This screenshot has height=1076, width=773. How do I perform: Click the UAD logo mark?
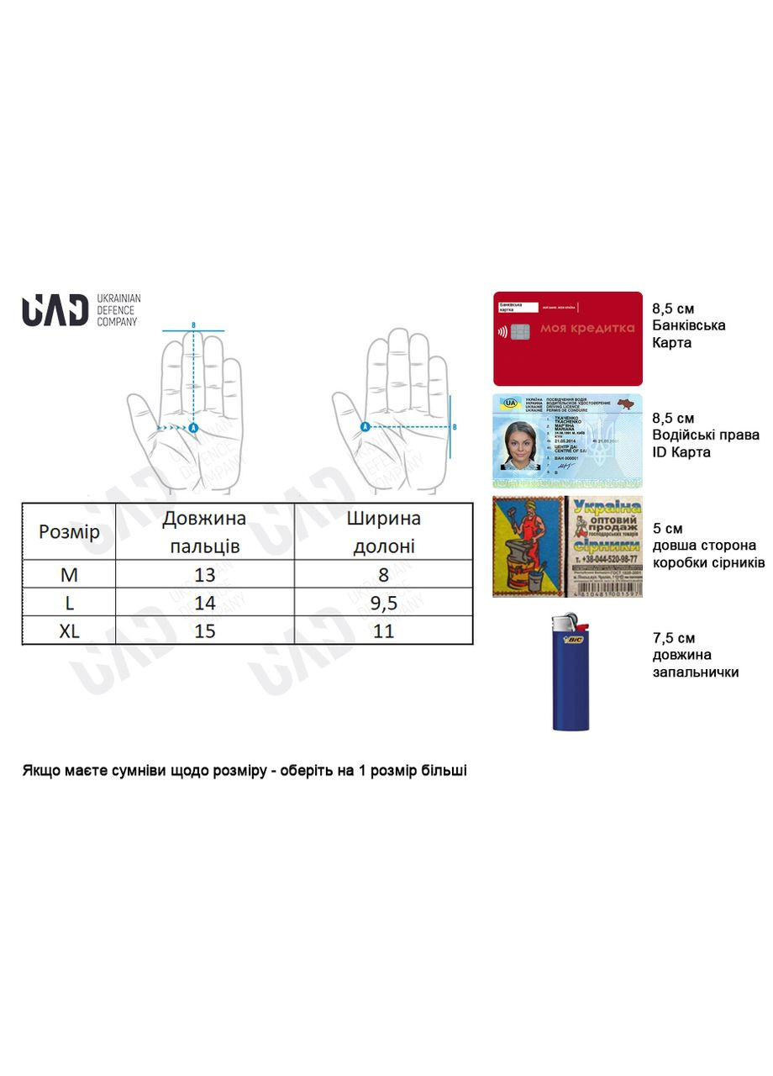55,310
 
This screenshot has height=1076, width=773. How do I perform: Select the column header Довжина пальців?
204,532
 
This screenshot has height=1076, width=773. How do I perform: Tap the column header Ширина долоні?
383,532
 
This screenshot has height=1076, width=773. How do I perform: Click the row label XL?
69,630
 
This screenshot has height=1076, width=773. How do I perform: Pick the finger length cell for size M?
204,575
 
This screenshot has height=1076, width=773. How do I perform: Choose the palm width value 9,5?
383,603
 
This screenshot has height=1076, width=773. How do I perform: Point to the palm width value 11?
383,630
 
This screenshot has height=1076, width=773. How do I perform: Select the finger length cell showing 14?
204,603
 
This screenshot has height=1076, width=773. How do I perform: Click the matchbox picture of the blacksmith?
530,546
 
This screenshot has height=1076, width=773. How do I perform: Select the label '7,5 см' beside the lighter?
673,638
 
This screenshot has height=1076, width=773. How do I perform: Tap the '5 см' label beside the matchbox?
668,528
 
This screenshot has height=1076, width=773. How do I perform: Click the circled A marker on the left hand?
193,428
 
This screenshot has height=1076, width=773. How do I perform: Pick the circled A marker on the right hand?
365,427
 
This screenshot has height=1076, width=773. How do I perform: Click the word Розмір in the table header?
69,532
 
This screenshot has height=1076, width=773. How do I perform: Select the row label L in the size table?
69,603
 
